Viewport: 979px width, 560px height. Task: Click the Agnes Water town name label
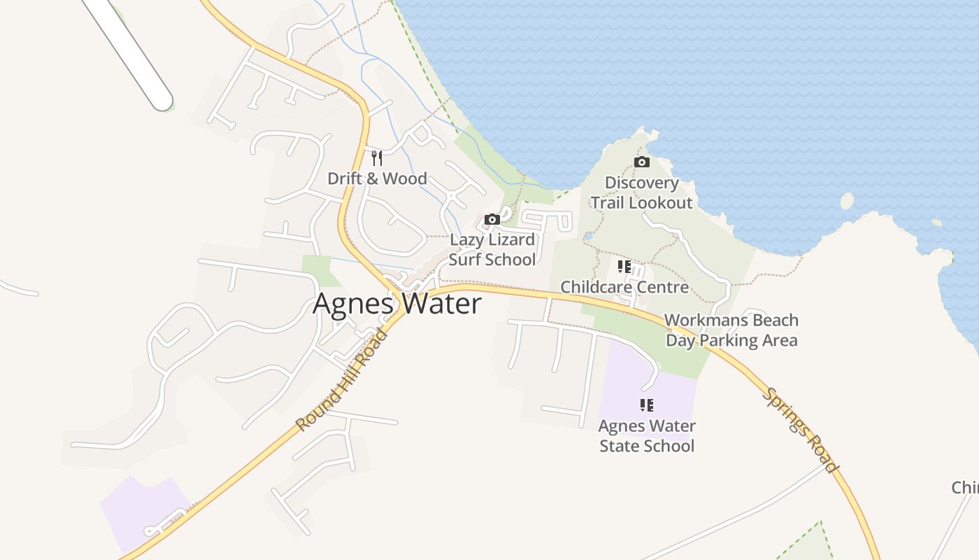click(397, 304)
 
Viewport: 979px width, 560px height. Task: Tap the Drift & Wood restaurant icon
click(377, 157)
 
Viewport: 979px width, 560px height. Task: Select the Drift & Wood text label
click(377, 178)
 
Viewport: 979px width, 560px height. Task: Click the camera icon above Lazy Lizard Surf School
click(492, 219)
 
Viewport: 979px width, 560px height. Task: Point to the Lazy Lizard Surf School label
click(492, 249)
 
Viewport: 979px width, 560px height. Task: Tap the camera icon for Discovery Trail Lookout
click(641, 162)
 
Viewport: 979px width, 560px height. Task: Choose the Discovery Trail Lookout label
click(641, 192)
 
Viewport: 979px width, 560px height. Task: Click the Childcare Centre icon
click(624, 267)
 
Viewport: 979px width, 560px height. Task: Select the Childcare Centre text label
click(624, 287)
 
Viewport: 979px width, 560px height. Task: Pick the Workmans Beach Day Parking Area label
click(731, 330)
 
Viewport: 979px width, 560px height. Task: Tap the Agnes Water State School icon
click(647, 405)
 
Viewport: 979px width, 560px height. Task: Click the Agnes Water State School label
click(647, 435)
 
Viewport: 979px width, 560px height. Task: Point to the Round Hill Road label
click(342, 381)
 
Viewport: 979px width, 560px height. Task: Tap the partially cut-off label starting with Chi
click(965, 487)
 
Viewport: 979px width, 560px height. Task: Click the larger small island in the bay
click(848, 202)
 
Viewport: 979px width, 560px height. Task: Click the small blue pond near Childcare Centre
click(588, 237)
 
